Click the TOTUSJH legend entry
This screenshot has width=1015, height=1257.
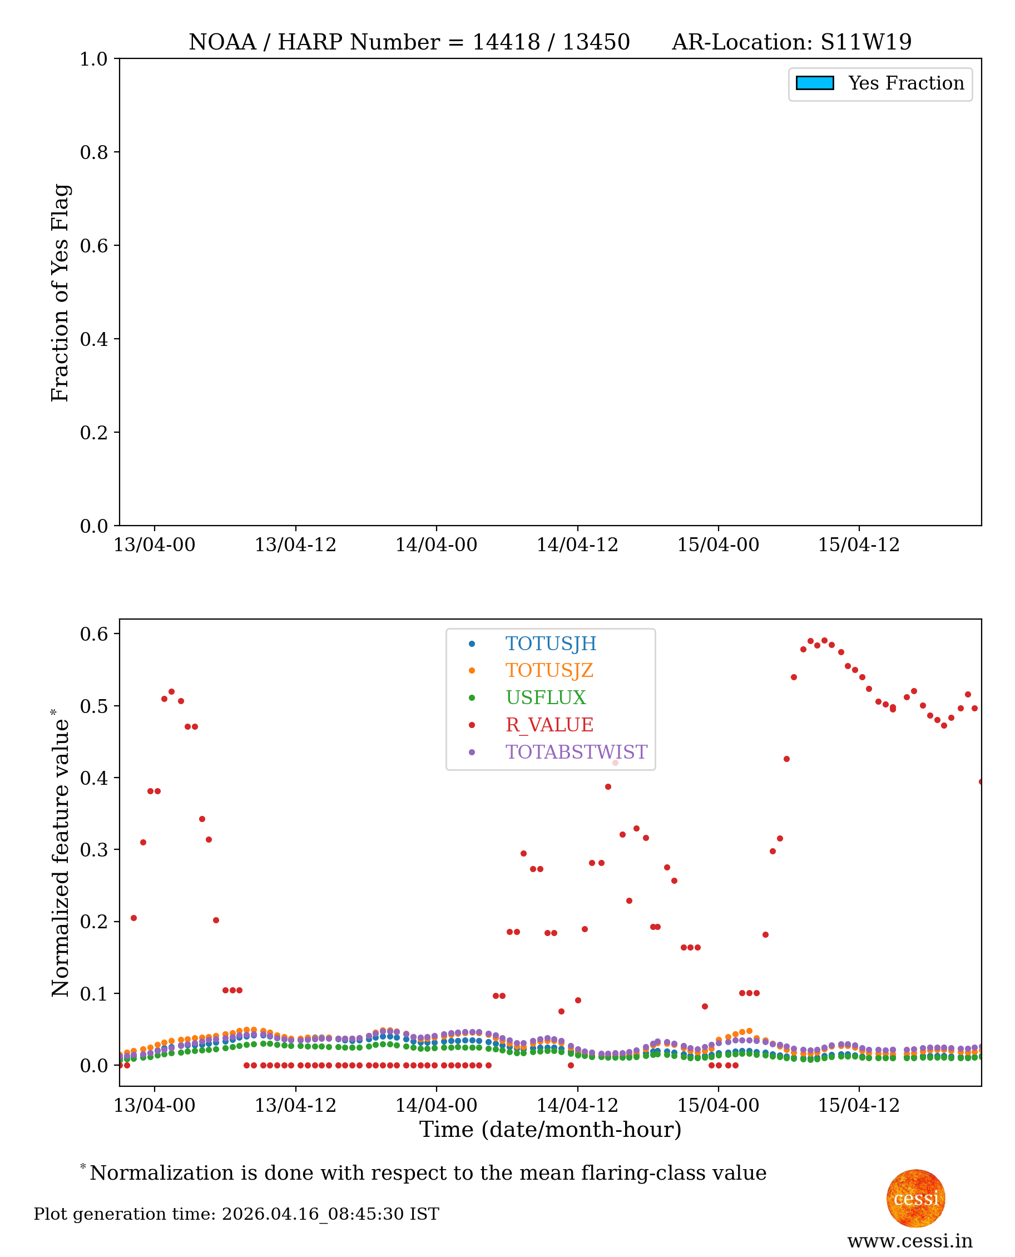click(550, 644)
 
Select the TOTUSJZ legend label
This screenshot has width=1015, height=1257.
click(549, 671)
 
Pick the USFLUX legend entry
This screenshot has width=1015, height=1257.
click(545, 697)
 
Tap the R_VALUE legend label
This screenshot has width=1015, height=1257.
click(549, 725)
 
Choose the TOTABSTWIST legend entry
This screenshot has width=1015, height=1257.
click(576, 752)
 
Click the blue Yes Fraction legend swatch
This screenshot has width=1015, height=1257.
click(814, 83)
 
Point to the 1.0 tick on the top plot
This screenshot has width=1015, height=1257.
click(93, 59)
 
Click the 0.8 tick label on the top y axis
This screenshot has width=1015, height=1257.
click(93, 152)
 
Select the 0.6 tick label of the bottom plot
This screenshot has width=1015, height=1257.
click(93, 634)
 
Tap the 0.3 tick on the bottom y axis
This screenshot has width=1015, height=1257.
click(93, 849)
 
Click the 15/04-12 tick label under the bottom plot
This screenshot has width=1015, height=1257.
click(858, 1106)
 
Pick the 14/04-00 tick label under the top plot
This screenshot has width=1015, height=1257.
click(436, 545)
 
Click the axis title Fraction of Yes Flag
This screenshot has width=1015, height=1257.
click(60, 293)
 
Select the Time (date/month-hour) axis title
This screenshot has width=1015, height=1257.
click(550, 1130)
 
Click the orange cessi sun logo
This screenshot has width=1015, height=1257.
click(915, 1198)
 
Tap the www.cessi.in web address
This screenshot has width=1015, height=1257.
click(910, 1241)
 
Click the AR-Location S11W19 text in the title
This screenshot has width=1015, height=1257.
click(791, 42)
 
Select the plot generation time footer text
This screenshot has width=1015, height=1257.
click(236, 1214)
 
